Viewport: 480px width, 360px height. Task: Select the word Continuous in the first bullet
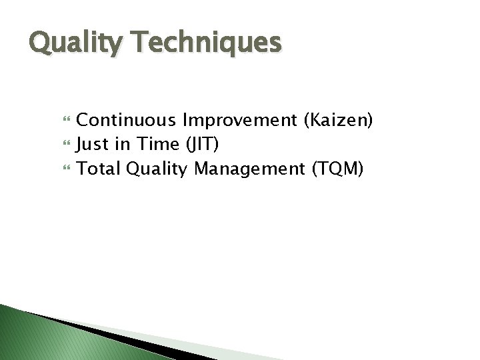click(x=127, y=120)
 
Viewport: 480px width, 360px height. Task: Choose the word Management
click(x=250, y=169)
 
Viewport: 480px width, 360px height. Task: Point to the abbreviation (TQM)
click(x=337, y=169)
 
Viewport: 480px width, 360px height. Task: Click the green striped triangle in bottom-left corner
click(x=33, y=337)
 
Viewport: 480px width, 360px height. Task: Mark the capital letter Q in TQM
click(x=335, y=169)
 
